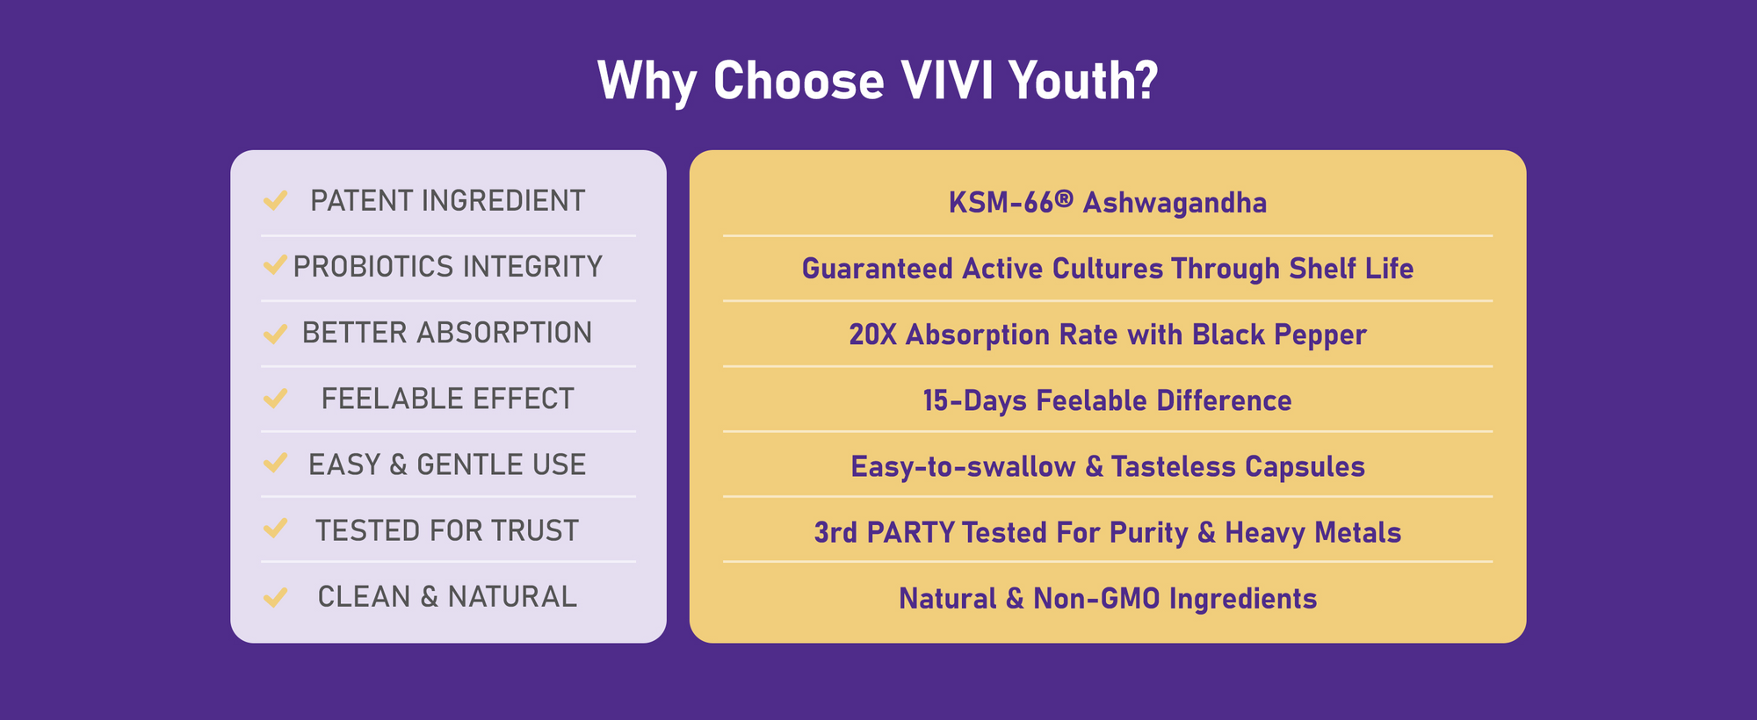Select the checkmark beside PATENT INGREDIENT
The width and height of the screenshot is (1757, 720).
pyautogui.click(x=275, y=201)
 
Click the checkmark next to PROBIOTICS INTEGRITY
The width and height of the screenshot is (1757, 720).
pyautogui.click(x=275, y=264)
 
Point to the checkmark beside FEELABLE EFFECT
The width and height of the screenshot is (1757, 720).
pyautogui.click(x=275, y=399)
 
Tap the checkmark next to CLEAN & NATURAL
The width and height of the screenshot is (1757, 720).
pyautogui.click(x=275, y=597)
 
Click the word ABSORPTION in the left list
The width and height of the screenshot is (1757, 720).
pyautogui.click(x=504, y=333)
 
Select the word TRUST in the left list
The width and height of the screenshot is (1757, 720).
pyautogui.click(x=535, y=530)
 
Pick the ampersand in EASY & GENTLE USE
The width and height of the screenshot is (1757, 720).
pyautogui.click(x=398, y=464)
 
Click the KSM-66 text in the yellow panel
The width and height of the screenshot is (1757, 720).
pyautogui.click(x=1001, y=203)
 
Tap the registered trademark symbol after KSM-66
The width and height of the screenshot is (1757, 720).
pyautogui.click(x=1064, y=198)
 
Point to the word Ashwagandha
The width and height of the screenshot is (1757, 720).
pyautogui.click(x=1175, y=203)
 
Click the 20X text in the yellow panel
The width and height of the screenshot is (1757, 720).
pyautogui.click(x=872, y=335)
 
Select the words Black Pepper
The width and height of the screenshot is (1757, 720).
pyautogui.click(x=1279, y=335)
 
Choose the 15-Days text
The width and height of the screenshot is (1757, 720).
pyautogui.click(x=974, y=401)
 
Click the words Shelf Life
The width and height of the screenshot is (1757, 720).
pyautogui.click(x=1351, y=269)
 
